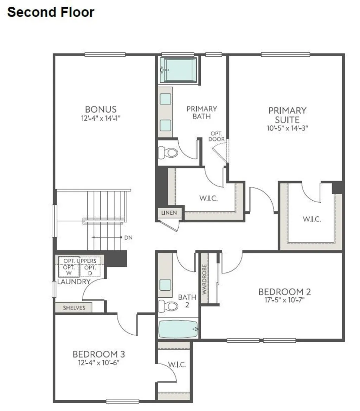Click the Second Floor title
pos(51,12)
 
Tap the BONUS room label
pos(101,109)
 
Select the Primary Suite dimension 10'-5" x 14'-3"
pos(287,128)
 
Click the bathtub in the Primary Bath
pos(179,70)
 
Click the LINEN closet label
pos(169,213)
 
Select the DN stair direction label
pos(128,238)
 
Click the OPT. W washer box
pos(69,270)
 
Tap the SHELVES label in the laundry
pos(74,308)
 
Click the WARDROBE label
pos(204,279)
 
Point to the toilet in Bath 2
pos(168,305)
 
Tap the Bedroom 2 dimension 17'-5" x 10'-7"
pos(284,300)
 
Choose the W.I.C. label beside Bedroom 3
pos(178,365)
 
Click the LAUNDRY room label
pos(74,282)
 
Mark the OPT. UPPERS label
pos(80,261)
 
